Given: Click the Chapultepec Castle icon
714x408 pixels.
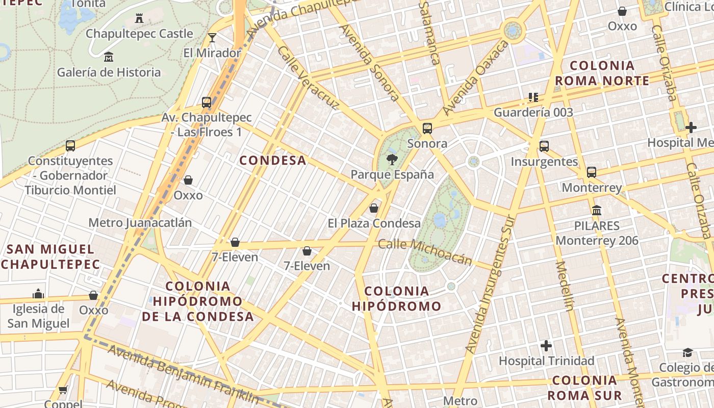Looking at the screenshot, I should click(139, 19).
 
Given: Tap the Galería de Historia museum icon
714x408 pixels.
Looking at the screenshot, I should click(108, 57).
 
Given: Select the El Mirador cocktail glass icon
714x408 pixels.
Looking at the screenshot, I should click(212, 38).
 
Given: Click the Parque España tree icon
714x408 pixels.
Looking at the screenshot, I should click(392, 160).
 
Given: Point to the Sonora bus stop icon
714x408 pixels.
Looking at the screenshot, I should click(427, 129).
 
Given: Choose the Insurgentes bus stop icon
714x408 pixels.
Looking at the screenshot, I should click(544, 146).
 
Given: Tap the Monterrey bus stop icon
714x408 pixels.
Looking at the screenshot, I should click(592, 172).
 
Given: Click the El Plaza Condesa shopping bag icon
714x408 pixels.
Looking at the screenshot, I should click(374, 208).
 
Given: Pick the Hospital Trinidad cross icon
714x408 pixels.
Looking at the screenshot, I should click(546, 346).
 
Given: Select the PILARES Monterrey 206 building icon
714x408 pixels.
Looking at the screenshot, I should click(597, 210).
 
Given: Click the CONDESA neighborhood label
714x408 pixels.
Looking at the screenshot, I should click(273, 161).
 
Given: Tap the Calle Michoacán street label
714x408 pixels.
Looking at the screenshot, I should click(425, 252).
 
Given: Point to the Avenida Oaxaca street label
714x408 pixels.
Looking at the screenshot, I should click(476, 78).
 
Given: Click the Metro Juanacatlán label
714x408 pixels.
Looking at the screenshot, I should click(140, 223).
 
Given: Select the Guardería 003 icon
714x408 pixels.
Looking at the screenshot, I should click(533, 97).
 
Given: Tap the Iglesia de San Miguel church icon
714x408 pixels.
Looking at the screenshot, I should click(38, 294).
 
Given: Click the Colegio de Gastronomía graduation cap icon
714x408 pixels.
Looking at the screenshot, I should click(687, 353).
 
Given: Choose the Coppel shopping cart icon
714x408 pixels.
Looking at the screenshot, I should click(63, 390).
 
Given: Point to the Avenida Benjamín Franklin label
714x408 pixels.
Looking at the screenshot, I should click(184, 374).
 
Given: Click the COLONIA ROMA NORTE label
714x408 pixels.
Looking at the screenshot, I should click(602, 73).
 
